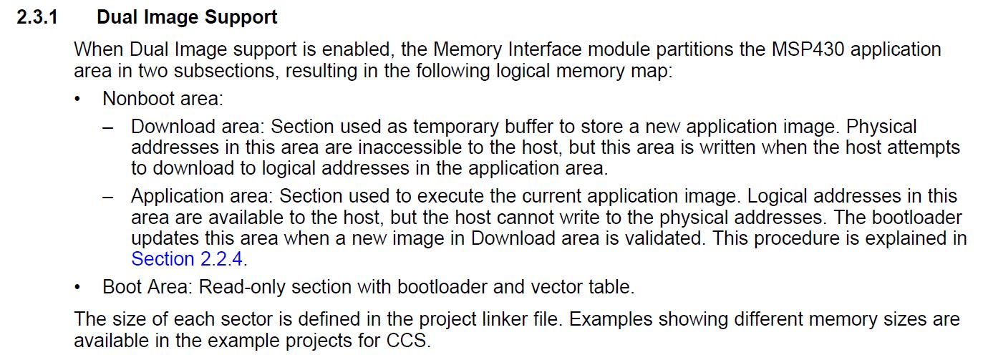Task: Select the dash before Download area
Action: click(107, 128)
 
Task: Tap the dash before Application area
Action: click(107, 198)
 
